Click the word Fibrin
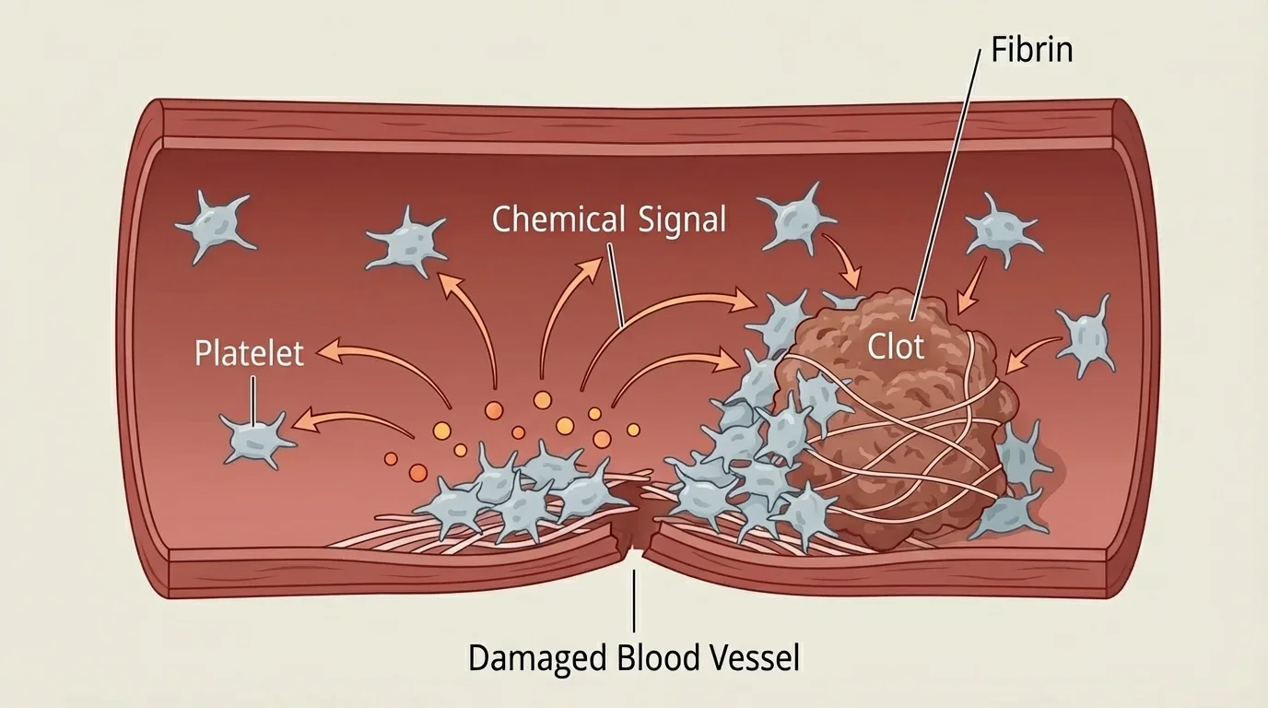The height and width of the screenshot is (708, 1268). pyautogui.click(x=1032, y=49)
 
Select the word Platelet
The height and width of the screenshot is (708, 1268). pyautogui.click(x=249, y=353)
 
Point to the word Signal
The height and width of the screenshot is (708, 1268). pyautogui.click(x=681, y=220)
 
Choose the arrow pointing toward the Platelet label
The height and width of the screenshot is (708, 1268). pyautogui.click(x=369, y=355)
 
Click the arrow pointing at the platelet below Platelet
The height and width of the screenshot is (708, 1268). pyautogui.click(x=350, y=419)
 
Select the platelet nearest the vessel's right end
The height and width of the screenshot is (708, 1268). pyautogui.click(x=1088, y=335)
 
